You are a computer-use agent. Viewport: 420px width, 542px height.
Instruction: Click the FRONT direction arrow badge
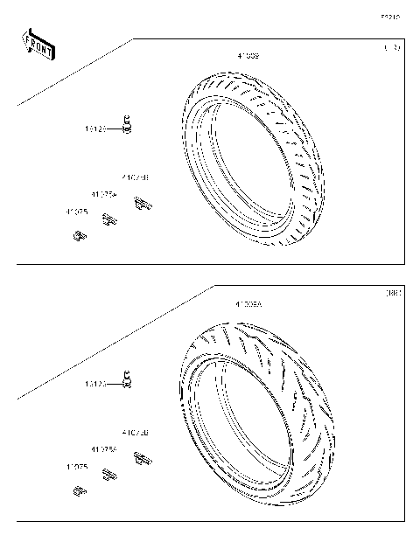point(38,45)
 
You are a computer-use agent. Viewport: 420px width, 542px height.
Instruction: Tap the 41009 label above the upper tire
point(248,55)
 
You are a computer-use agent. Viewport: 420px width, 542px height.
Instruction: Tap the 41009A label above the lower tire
point(248,304)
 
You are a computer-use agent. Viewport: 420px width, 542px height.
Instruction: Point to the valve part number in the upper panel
point(95,129)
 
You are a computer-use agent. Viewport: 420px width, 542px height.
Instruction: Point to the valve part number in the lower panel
point(95,384)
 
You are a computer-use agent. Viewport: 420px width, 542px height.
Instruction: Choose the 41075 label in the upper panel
point(76,212)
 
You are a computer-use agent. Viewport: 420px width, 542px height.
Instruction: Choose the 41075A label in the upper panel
point(104,194)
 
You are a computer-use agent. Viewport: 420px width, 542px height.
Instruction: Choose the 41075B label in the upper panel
point(135,177)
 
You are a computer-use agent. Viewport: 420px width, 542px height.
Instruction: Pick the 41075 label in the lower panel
point(76,468)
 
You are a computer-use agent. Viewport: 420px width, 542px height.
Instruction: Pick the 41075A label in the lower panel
point(104,449)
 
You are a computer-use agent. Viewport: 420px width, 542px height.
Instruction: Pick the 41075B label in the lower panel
point(135,433)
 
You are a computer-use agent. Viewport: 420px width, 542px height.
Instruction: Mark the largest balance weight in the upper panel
point(142,205)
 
